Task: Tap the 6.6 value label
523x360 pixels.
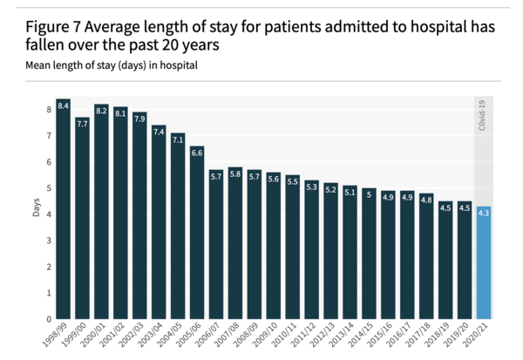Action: (197, 153)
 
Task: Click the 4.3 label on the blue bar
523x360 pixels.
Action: (484, 213)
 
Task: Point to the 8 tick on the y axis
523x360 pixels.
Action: (50, 110)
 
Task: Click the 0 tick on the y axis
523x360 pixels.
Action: (50, 319)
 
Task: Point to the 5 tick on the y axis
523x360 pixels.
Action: (50, 188)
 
